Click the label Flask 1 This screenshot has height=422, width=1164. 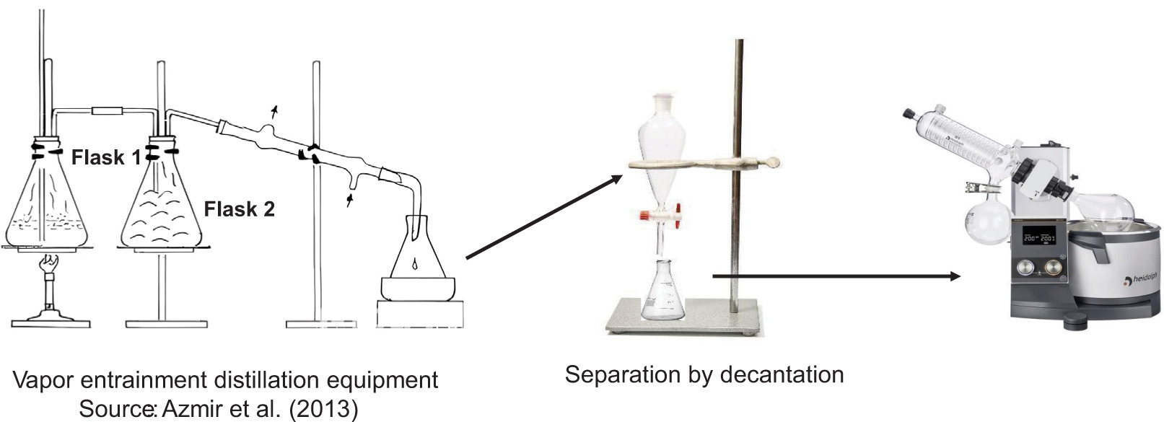pyautogui.click(x=106, y=157)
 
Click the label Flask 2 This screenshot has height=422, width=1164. pyautogui.click(x=239, y=209)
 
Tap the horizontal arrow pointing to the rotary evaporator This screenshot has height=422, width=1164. pyautogui.click(x=836, y=276)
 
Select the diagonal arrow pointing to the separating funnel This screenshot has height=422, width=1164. pyautogui.click(x=544, y=216)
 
